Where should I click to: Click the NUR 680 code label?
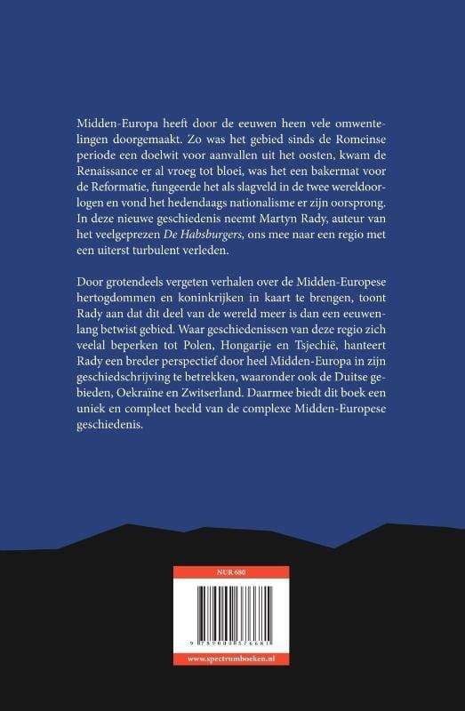pyautogui.click(x=232, y=570)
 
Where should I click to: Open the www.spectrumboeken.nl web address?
pyautogui.click(x=232, y=659)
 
